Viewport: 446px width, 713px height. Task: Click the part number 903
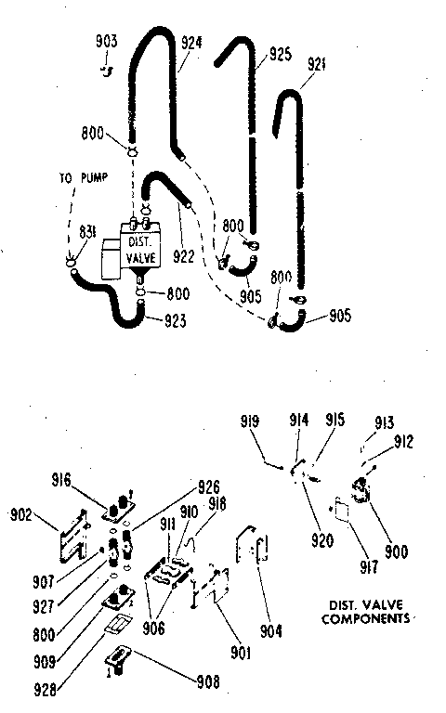pyautogui.click(x=107, y=42)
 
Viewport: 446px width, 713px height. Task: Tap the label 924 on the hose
pyautogui.click(x=191, y=41)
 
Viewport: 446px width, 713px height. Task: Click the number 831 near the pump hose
pyautogui.click(x=86, y=232)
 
